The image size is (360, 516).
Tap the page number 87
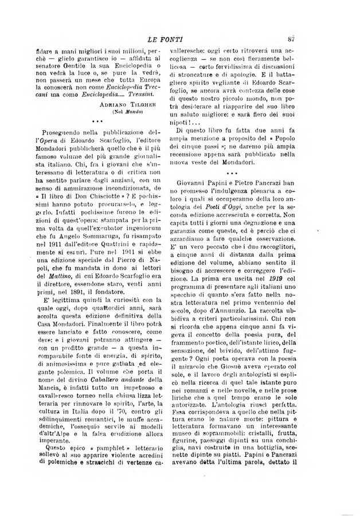point(307,38)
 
